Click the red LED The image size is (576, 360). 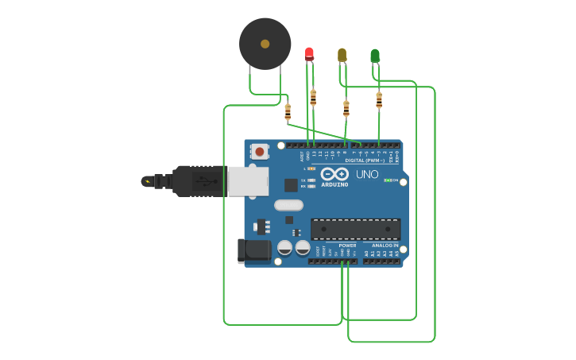coord(309,53)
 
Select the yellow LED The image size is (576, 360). coord(342,54)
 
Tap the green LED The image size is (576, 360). coord(375,56)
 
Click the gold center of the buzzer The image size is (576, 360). coord(265,44)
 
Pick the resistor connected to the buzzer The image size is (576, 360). coord(288,112)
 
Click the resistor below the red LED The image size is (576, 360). coord(313,98)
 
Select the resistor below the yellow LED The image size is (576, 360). coord(346,108)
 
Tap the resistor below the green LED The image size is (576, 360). coord(379,100)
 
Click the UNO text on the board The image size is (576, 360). coord(367,174)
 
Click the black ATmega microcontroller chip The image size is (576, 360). coord(355,229)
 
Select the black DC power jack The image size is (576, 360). coord(253,250)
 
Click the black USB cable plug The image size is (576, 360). coord(199,181)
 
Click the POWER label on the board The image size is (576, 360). coord(347,246)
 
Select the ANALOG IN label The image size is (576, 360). coord(385,246)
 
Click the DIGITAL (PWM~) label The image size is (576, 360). coord(365,160)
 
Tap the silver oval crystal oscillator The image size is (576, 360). coord(288,205)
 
